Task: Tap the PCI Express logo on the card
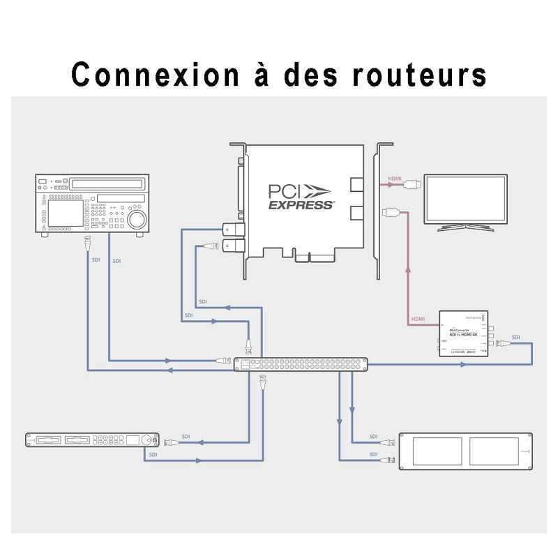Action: coord(301,196)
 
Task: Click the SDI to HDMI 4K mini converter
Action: coord(462,334)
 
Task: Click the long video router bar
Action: coord(300,364)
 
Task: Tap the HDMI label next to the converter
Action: coord(418,319)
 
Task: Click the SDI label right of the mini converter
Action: coord(515,338)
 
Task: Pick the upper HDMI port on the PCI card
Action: coord(356,186)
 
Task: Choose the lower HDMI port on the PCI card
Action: coord(356,212)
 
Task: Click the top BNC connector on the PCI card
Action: coord(230,229)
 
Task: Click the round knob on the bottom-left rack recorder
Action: coord(148,440)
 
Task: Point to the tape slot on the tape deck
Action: coord(107,183)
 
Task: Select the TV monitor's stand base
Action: coord(466,228)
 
